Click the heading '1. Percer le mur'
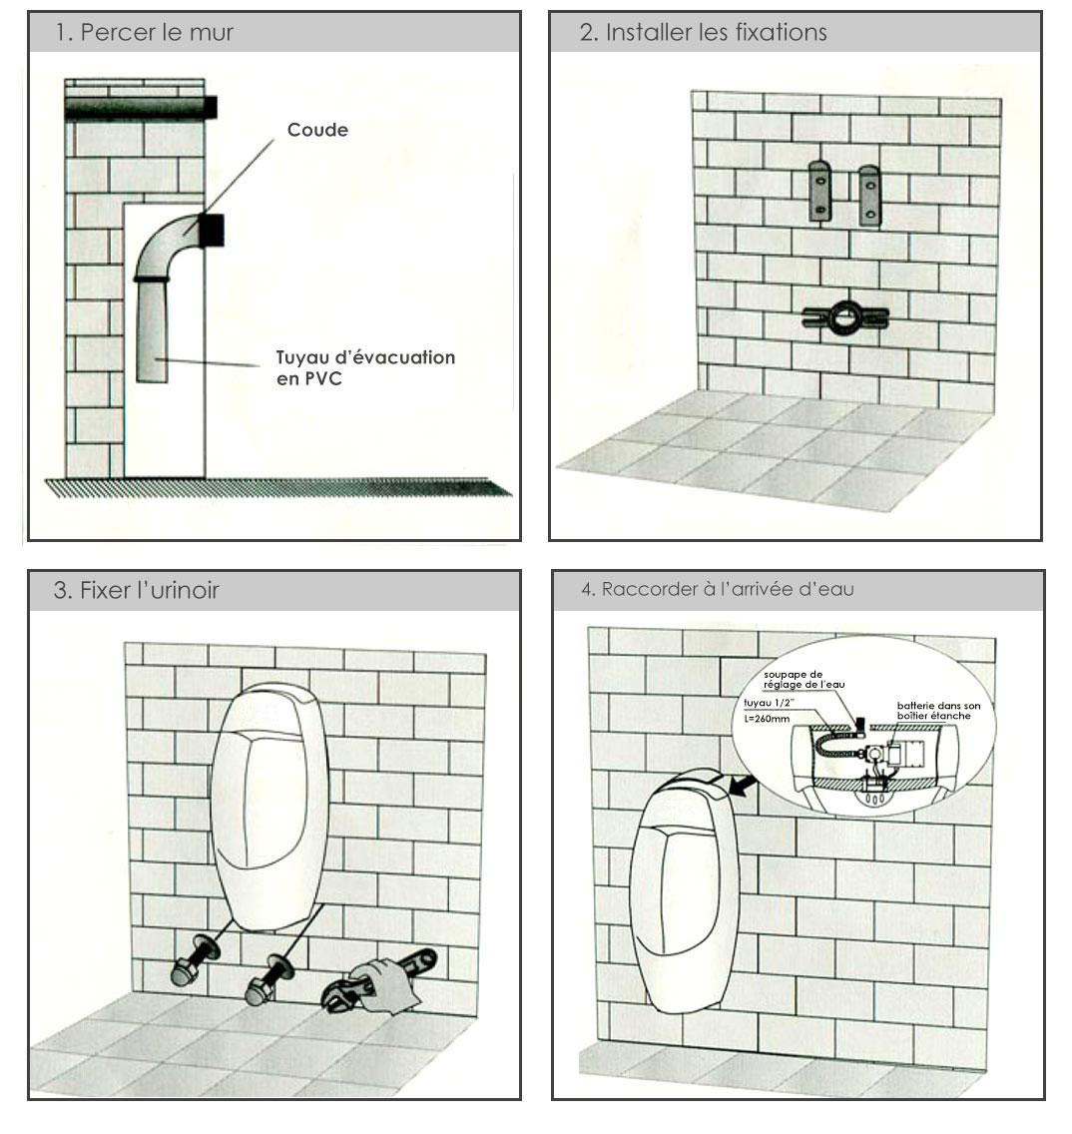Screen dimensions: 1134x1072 [x=144, y=32]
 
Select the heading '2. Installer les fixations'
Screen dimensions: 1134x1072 [x=703, y=32]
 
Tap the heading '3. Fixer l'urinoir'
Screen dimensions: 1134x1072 [x=136, y=590]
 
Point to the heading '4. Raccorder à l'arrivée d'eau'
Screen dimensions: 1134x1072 [x=717, y=589]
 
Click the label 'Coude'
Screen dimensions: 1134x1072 [x=317, y=130]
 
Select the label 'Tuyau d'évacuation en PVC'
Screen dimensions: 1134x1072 [x=365, y=367]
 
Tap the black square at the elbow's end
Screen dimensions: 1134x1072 [x=212, y=231]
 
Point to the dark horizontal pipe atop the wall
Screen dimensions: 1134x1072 [x=140, y=108]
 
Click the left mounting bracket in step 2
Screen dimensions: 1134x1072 [x=820, y=192]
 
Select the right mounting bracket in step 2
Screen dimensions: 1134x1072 [x=869, y=195]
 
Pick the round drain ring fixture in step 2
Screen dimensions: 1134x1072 [x=844, y=318]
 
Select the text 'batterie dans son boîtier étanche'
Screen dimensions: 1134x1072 [x=938, y=710]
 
